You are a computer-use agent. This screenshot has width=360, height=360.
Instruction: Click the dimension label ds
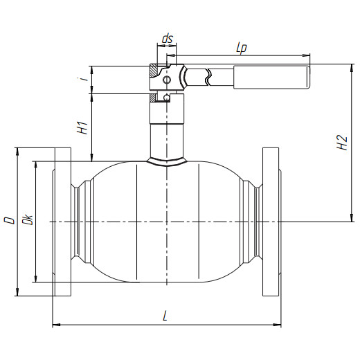pyautogui.click(x=168, y=39)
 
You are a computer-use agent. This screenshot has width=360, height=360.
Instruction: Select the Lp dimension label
pyautogui.click(x=242, y=48)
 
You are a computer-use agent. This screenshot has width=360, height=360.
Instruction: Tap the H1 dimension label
pyautogui.click(x=82, y=127)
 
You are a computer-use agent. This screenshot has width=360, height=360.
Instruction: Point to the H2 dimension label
pyautogui.click(x=342, y=142)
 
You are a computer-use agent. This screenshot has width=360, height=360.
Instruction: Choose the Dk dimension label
pyautogui.click(x=28, y=219)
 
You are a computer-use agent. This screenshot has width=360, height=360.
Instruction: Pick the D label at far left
pyautogui.click(x=10, y=220)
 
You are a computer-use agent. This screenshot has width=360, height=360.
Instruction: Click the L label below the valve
pyautogui.click(x=165, y=316)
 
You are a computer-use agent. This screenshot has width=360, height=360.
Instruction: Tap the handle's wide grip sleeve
pyautogui.click(x=271, y=77)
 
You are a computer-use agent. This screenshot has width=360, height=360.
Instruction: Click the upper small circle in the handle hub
pyautogui.click(x=167, y=80)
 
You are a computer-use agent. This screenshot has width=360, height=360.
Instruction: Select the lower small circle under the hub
pyautogui.click(x=167, y=98)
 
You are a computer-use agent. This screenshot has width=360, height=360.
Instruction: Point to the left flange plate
pyautogui.click(x=63, y=222)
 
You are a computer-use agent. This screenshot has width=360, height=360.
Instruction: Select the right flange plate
pyautogui.click(x=271, y=222)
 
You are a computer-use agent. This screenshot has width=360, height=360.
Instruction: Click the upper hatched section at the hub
pyautogui.click(x=154, y=71)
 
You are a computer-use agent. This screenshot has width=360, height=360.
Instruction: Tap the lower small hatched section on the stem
pyautogui.click(x=152, y=98)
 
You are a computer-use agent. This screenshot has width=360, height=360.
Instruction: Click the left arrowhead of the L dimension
pyautogui.click(x=56, y=325)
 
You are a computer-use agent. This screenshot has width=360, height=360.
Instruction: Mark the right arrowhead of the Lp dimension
pyautogui.click(x=306, y=55)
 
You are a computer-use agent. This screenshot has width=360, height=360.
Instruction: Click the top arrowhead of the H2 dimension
pyautogui.click(x=352, y=68)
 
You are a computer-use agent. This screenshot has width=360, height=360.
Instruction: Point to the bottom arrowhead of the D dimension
pyautogui.click(x=17, y=292)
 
